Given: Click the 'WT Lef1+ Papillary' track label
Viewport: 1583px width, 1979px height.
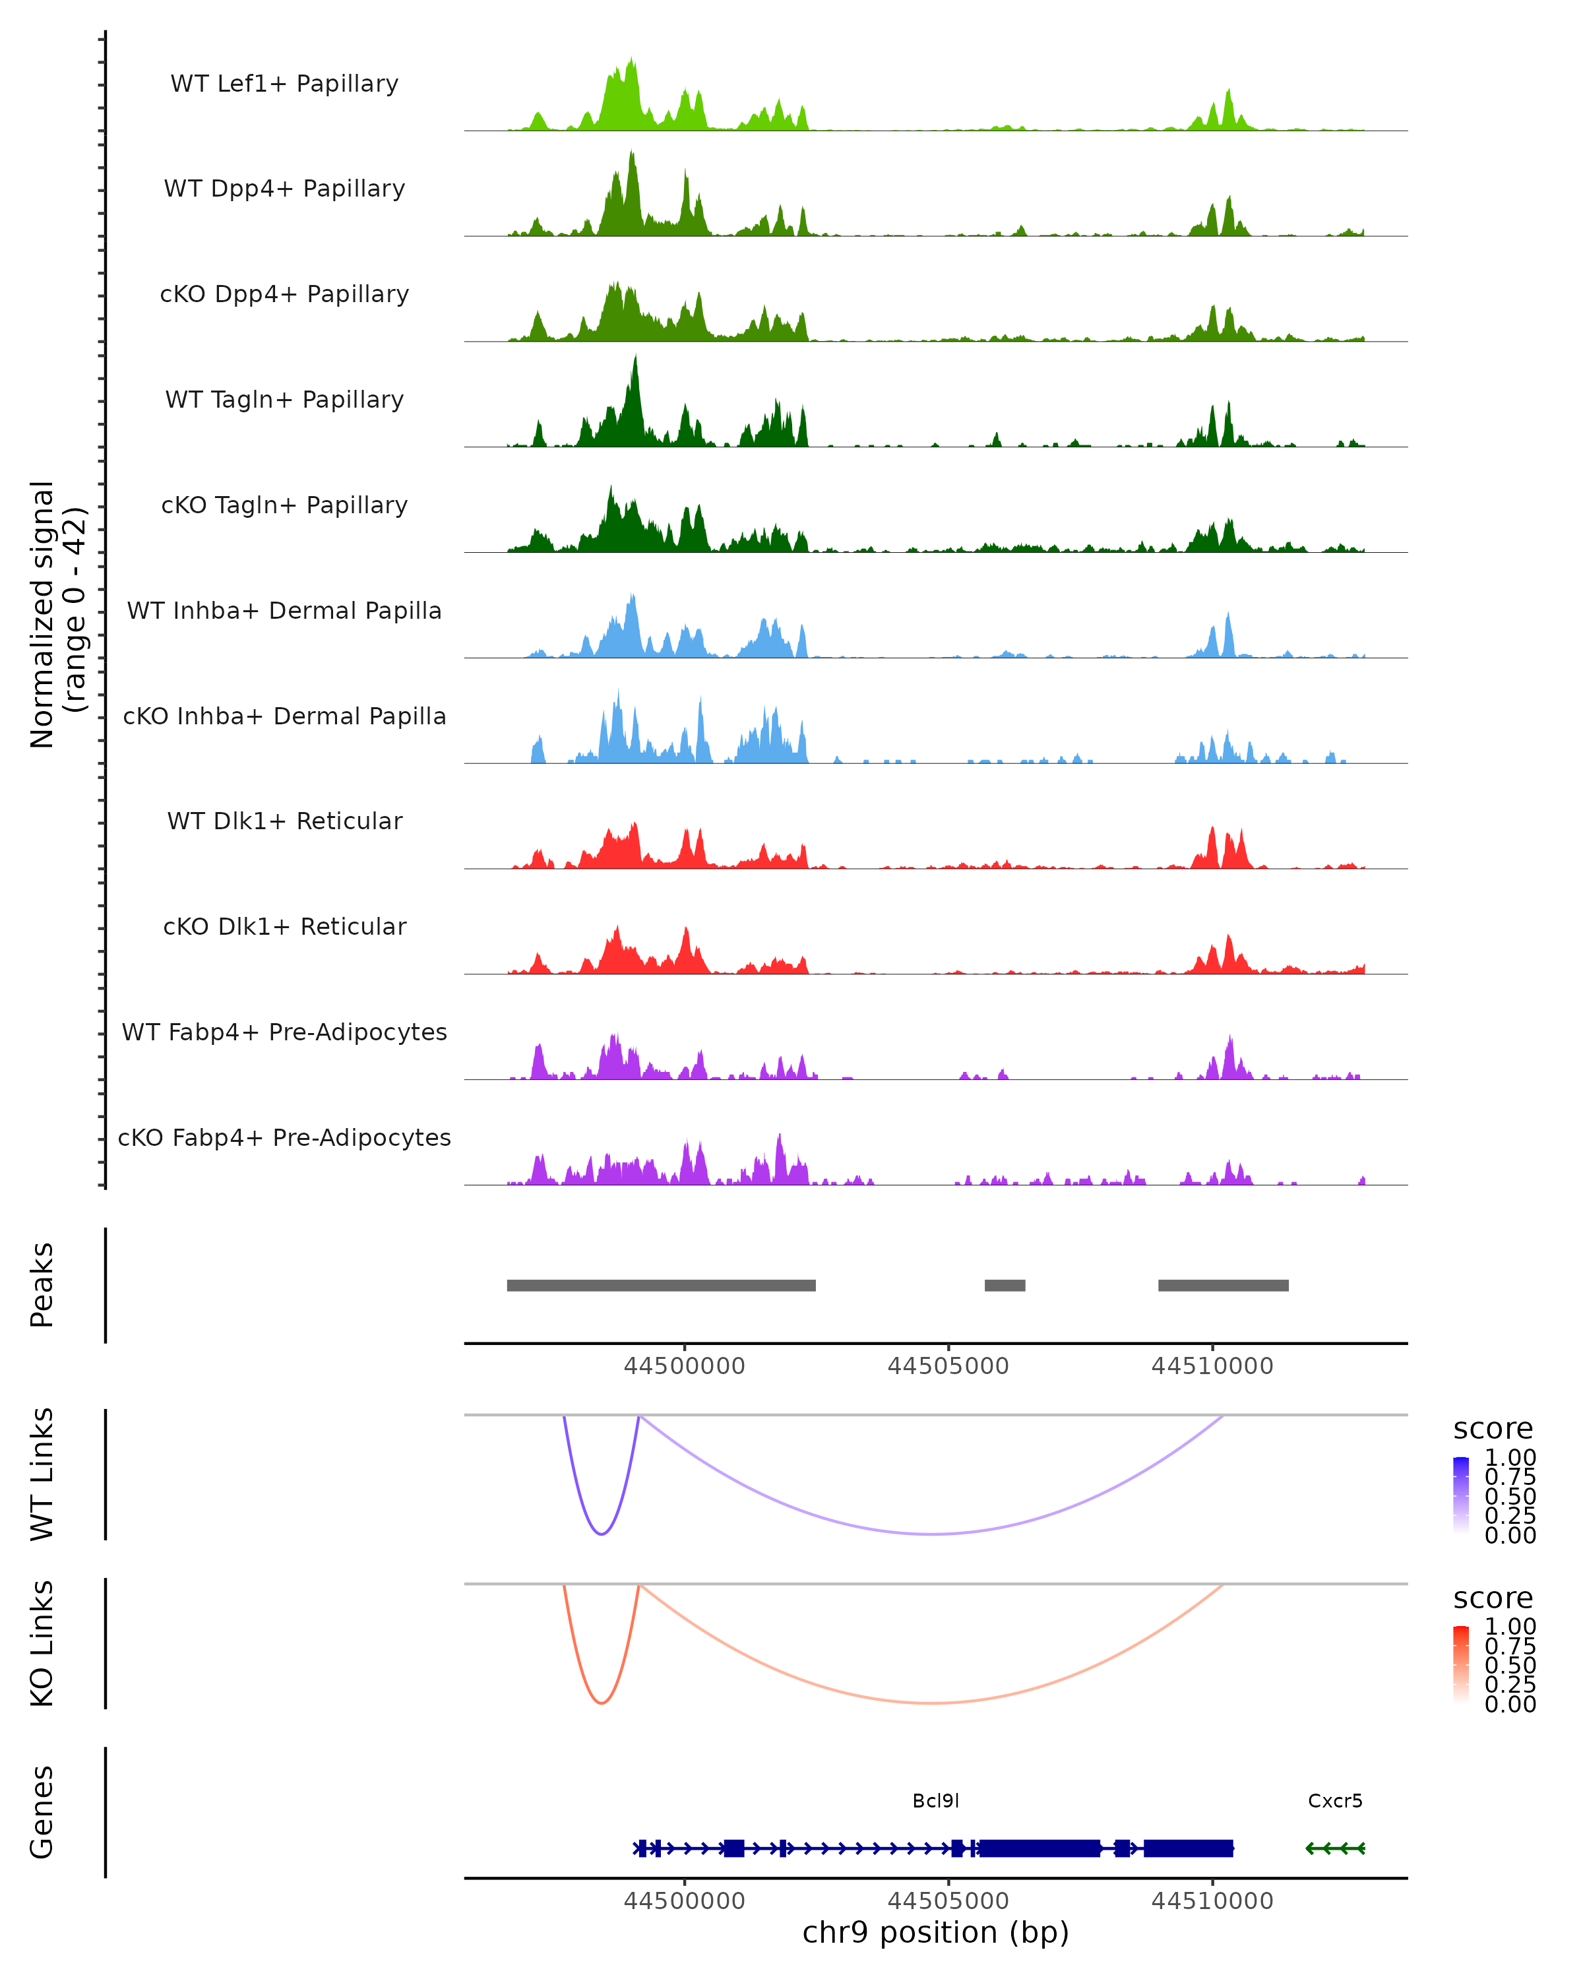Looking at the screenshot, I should point(284,84).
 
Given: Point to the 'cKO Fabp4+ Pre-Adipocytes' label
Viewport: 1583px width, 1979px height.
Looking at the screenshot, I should point(284,1137).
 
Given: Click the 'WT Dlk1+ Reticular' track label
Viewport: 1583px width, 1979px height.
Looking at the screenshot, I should point(284,821).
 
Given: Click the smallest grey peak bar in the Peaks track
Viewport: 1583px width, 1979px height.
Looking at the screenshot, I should point(1005,1285).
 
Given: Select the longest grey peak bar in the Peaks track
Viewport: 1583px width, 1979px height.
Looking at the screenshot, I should point(661,1285).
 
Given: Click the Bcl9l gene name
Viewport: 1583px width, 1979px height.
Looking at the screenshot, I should point(935,1800).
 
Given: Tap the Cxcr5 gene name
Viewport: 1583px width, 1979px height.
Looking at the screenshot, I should point(1334,1800).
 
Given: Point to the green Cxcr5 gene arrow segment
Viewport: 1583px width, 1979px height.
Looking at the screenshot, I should point(1335,1848).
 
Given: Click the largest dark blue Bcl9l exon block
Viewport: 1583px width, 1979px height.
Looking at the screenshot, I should point(1039,1848).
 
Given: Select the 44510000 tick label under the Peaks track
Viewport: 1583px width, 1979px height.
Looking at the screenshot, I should point(1212,1366).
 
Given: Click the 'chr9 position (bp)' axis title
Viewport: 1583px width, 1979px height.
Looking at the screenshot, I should point(935,1932).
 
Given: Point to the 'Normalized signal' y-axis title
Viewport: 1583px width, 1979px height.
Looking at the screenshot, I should point(42,615).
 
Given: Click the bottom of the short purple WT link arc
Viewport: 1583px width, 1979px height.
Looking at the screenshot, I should point(601,1534).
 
